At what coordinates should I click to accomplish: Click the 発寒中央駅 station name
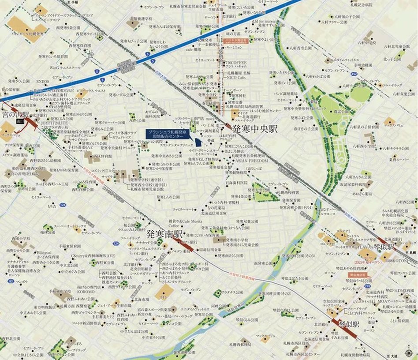tap(255, 129)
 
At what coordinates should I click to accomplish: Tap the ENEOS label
tap(43, 82)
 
